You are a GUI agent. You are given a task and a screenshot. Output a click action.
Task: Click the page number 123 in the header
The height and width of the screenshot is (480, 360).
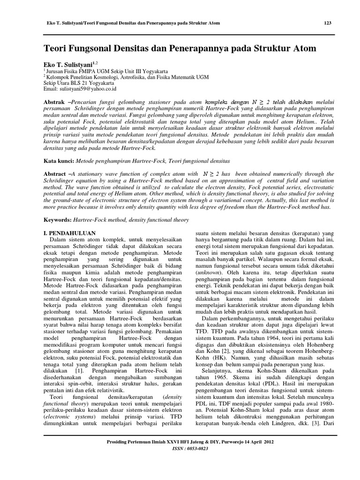click(x=328, y=23)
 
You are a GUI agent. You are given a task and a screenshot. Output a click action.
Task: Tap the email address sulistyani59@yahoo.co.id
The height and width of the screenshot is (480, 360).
click(x=88, y=88)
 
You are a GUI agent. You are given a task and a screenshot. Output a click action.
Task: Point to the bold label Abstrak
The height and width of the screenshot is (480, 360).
click(x=54, y=101)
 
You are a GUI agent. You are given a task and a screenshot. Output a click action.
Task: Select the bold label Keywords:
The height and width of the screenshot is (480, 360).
click(x=59, y=219)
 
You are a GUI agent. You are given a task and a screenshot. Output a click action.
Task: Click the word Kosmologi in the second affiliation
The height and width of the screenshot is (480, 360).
click(x=117, y=76)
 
